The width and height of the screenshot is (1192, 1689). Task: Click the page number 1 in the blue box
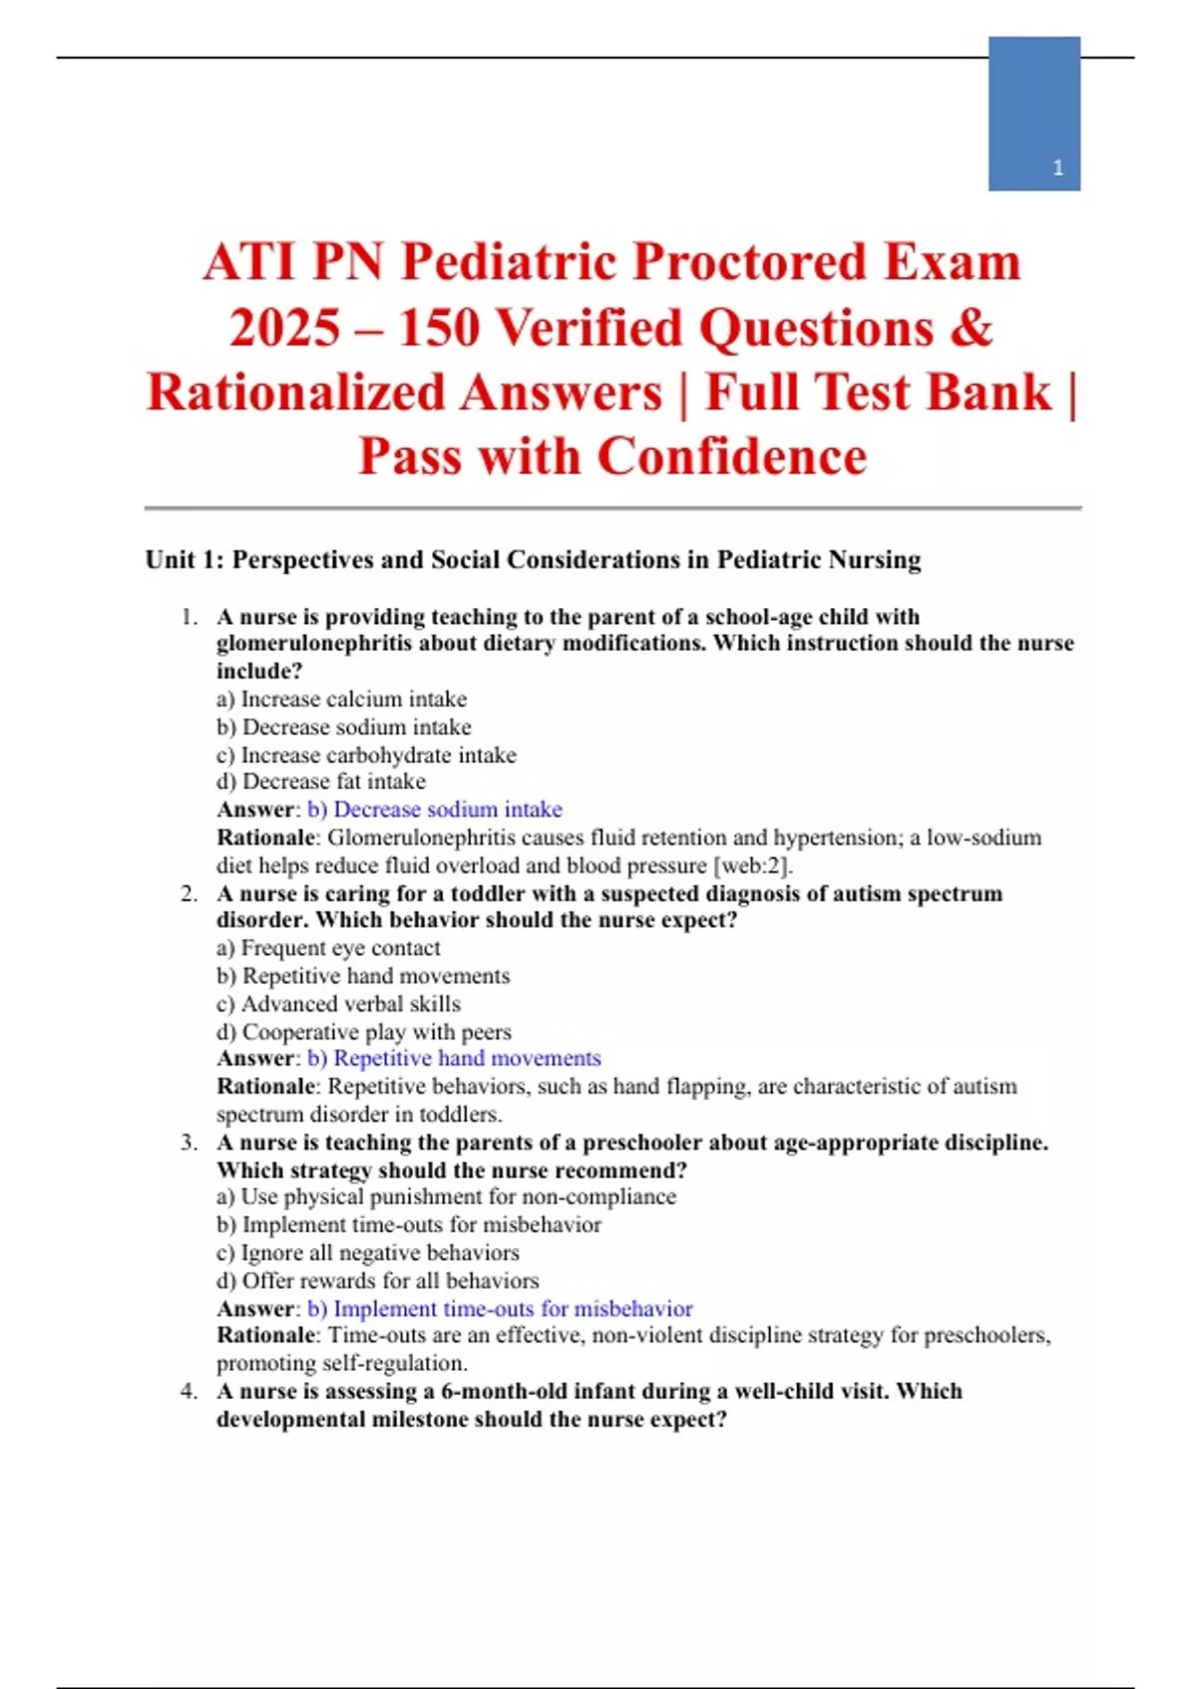pyautogui.click(x=1058, y=168)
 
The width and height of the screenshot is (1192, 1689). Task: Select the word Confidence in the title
pyautogui.click(x=732, y=457)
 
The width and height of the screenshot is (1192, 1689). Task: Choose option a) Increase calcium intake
pyautogui.click(x=342, y=699)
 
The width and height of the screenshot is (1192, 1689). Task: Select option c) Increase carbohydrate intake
pyautogui.click(x=367, y=755)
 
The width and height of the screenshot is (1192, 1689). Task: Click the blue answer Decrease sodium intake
pyautogui.click(x=435, y=810)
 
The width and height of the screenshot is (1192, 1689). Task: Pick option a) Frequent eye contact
pyautogui.click(x=329, y=948)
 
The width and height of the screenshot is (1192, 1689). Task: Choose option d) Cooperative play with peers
pyautogui.click(x=365, y=1032)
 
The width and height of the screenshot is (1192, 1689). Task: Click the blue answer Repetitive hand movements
pyautogui.click(x=454, y=1058)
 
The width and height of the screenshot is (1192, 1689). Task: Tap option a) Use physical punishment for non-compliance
pyautogui.click(x=446, y=1197)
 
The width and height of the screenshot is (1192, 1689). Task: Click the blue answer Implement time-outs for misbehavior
pyautogui.click(x=500, y=1308)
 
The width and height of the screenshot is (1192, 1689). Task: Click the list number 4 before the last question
pyautogui.click(x=188, y=1391)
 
